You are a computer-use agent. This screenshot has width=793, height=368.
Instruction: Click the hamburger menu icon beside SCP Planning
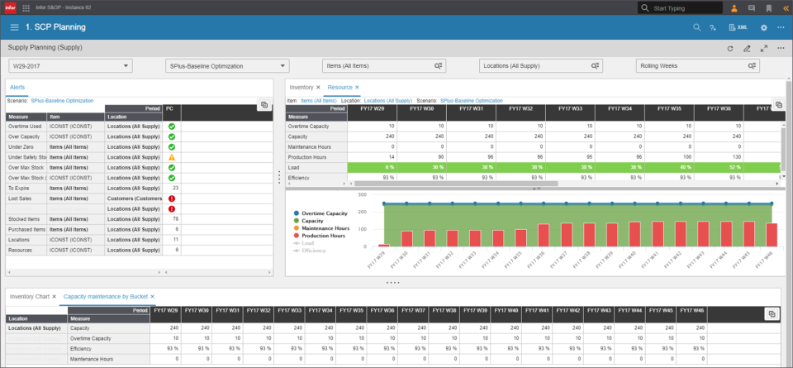[x=14, y=27]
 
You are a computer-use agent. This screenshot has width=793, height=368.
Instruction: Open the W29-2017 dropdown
[x=70, y=66]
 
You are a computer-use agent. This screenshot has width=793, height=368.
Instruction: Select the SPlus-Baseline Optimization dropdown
[x=227, y=66]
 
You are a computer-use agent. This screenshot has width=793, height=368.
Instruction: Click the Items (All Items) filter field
[x=384, y=66]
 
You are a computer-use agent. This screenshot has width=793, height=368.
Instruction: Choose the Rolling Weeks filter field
[x=698, y=66]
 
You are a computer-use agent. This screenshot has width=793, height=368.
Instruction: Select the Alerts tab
[x=17, y=87]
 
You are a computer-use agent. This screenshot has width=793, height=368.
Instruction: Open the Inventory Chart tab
[x=28, y=295]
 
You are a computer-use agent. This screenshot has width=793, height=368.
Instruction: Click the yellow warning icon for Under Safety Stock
[x=172, y=157]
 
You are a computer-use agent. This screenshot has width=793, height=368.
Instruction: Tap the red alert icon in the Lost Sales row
[x=172, y=198]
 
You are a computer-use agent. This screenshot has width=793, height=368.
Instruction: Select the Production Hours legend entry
[x=322, y=236]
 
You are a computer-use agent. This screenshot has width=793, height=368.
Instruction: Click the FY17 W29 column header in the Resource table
[x=372, y=108]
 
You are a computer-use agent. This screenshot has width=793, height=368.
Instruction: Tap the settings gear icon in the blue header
[x=763, y=27]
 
